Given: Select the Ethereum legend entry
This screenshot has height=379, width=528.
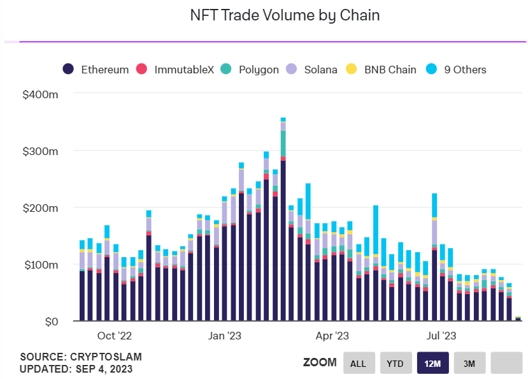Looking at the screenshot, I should [96, 70].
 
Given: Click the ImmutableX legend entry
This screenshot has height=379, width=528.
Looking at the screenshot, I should [176, 70].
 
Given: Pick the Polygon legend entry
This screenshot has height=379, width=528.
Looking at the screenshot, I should [250, 70].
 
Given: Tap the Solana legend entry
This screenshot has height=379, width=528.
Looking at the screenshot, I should [312, 70].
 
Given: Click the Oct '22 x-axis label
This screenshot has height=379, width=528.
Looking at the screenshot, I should [115, 335].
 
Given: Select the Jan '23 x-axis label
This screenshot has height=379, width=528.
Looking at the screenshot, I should [225, 335].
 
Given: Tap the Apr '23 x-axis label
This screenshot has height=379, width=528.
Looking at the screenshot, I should [332, 335].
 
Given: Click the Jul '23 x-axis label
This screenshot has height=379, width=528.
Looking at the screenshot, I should [441, 335].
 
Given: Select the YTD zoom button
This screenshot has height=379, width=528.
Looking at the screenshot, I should [396, 363].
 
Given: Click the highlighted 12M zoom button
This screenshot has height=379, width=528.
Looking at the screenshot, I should [432, 363].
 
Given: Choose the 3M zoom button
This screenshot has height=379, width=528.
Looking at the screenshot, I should [469, 363].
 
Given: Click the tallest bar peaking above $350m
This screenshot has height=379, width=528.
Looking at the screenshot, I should [283, 223].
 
